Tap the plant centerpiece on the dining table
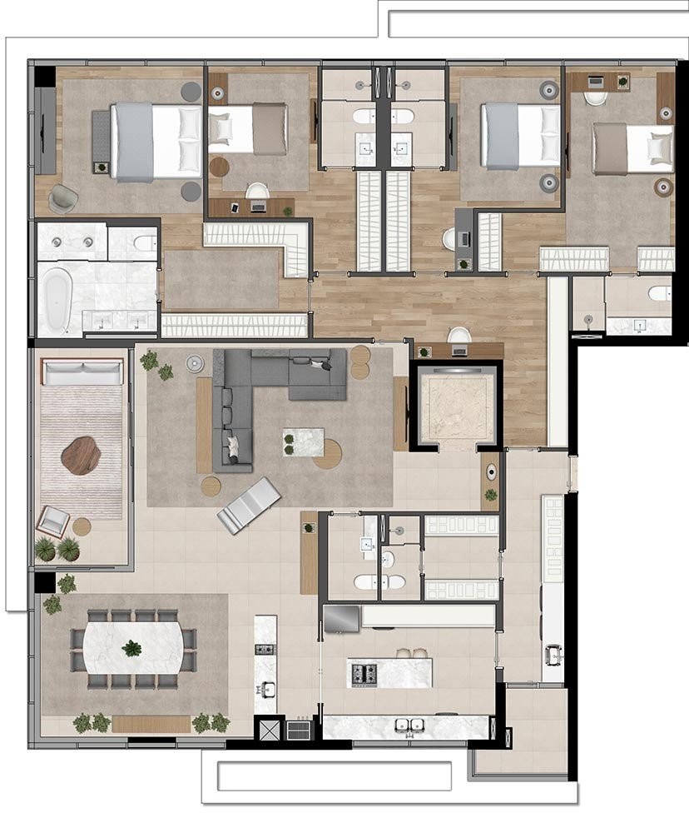coord(131,647)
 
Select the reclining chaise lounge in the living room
coord(248,505)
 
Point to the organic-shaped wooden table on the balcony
coord(81,456)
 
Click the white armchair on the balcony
coord(53,521)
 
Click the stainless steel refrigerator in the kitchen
coord(341,618)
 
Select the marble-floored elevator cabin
coord(457,406)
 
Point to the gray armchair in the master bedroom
coord(63,197)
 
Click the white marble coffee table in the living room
coord(303,441)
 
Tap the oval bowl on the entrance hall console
coord(491,473)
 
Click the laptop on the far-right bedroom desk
coord(596,82)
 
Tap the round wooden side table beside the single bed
coord(219,167)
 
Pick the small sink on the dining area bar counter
coord(265,688)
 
